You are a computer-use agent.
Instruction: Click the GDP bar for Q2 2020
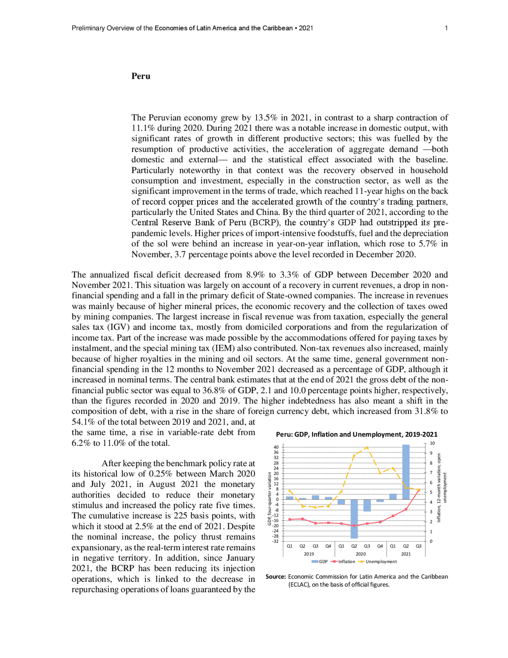(354, 519)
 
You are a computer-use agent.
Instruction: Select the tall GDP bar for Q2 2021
(406, 472)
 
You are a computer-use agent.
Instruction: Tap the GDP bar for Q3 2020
(367, 505)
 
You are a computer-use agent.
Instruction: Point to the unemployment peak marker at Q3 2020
(367, 447)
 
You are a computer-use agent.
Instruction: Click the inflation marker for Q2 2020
(354, 526)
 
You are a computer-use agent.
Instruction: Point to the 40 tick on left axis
(276, 447)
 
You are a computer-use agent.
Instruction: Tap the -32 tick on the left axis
(275, 541)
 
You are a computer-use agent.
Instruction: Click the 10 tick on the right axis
(432, 443)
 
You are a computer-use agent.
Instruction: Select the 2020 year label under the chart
(361, 554)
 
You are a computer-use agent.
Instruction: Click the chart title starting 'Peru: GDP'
(356, 434)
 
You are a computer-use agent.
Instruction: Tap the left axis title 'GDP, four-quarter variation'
(269, 499)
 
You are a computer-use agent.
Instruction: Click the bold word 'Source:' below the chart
(276, 577)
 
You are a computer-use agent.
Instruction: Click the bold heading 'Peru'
(141, 76)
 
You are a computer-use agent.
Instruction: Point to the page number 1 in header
(446, 28)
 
